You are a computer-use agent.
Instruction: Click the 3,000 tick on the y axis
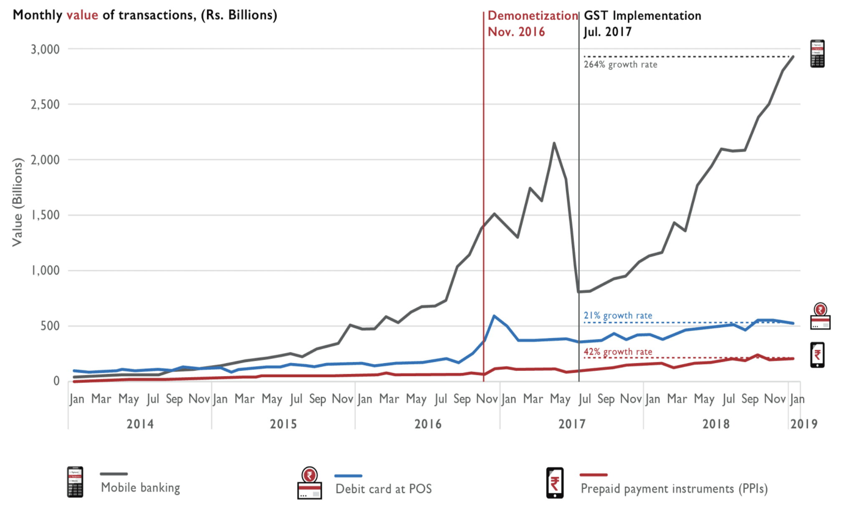[45, 49]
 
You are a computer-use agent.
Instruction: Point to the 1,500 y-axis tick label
[45, 215]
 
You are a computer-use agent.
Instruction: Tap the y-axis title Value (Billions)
[17, 202]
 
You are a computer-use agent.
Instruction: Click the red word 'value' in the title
[82, 15]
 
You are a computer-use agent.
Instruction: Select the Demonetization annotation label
[533, 16]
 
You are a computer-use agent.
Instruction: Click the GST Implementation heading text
[642, 16]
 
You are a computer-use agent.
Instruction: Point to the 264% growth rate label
[620, 65]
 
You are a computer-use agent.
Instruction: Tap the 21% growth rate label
[618, 316]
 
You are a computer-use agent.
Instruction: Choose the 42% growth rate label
[618, 352]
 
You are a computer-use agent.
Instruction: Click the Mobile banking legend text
[140, 488]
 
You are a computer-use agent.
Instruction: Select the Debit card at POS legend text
[384, 489]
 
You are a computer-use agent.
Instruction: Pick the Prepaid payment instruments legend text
[674, 489]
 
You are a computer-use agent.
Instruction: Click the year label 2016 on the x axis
[428, 424]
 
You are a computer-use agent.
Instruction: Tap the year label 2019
[804, 424]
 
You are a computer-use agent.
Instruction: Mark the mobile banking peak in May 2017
[554, 143]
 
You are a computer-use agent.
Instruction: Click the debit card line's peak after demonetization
[494, 316]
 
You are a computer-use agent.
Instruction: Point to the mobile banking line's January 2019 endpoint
[793, 57]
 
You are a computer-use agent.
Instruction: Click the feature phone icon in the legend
[75, 482]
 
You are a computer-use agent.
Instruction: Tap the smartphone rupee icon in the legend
[555, 483]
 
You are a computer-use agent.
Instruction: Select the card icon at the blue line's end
[820, 317]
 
